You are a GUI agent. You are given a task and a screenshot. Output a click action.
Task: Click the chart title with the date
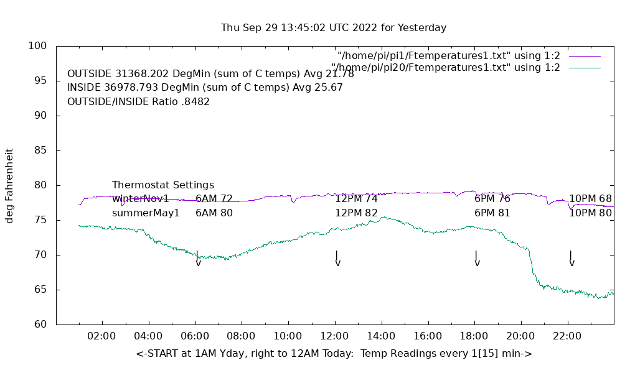334,28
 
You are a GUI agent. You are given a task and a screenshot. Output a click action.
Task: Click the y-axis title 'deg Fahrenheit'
9,185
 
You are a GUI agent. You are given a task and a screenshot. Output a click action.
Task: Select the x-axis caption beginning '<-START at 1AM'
334,354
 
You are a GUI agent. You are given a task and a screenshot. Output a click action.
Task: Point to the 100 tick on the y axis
37,46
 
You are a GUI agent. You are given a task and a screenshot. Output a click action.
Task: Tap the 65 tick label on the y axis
40,290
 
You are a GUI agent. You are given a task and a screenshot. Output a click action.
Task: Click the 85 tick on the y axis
40,150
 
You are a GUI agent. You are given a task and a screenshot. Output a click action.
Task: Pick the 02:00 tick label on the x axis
101,336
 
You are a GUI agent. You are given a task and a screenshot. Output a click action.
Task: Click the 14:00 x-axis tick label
381,336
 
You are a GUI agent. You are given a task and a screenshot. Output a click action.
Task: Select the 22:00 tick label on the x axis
567,336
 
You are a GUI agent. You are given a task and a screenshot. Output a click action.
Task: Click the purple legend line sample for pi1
585,56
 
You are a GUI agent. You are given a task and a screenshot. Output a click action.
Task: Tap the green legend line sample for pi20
585,68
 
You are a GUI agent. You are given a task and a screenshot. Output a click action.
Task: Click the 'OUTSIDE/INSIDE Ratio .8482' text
138,102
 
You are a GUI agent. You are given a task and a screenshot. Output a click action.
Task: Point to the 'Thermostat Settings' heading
163,185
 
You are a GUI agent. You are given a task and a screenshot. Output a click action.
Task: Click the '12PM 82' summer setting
356,213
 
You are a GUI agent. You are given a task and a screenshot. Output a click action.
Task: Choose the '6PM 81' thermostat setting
492,213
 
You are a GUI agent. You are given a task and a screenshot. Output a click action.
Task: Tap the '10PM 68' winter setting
590,199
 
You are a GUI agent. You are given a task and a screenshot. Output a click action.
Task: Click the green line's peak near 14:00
383,217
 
